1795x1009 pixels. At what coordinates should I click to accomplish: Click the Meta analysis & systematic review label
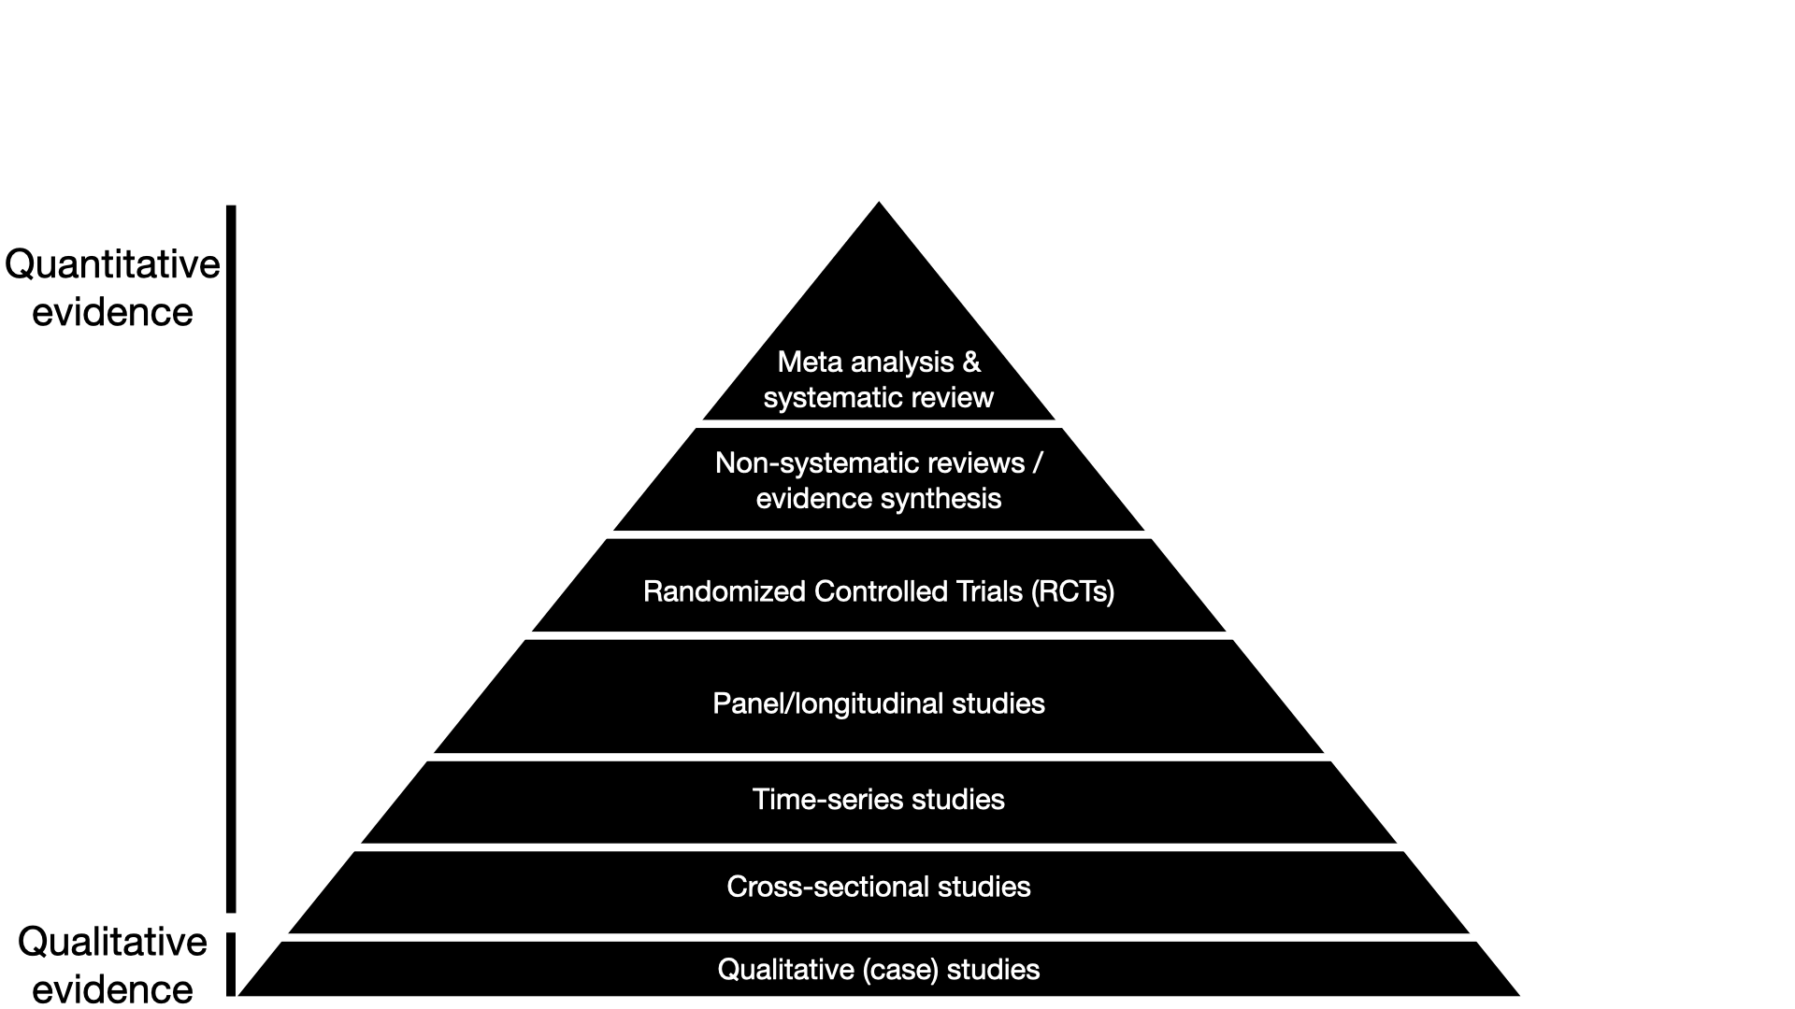878,379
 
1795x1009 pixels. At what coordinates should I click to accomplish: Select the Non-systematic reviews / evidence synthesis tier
878,480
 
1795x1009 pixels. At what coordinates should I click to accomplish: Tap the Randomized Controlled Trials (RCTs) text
878,591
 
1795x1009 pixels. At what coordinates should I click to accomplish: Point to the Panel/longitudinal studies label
878,703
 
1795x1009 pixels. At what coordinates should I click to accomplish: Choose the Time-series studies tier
878,800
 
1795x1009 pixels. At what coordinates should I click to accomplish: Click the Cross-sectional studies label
878,887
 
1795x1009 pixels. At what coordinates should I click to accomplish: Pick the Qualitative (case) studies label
878,970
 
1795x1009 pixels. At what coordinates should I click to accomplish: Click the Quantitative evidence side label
112,288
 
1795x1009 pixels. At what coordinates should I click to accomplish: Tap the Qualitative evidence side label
112,964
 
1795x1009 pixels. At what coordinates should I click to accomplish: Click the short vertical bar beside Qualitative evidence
231,964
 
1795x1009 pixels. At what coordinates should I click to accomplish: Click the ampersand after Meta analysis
972,362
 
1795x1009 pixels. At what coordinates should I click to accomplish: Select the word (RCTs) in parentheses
1073,591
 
